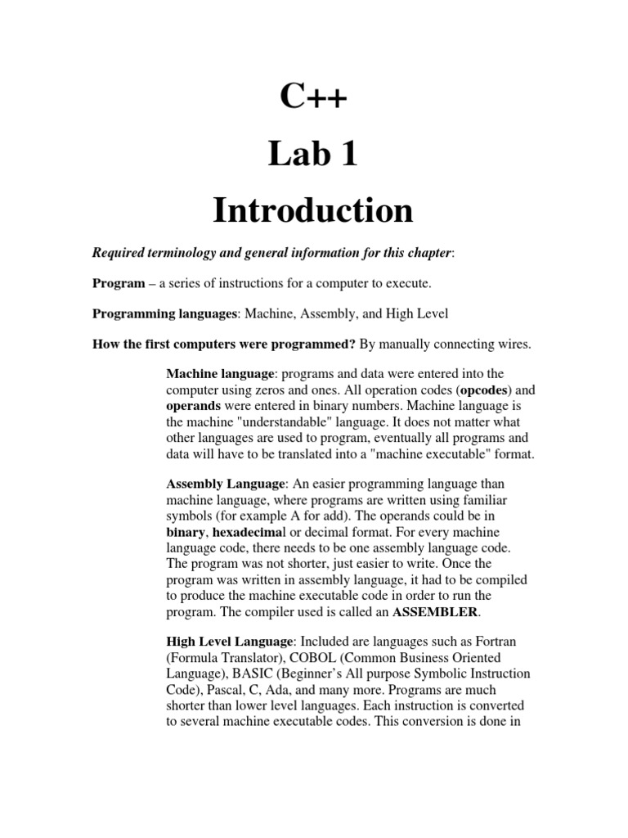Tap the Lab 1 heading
[x=313, y=154]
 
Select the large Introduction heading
[x=313, y=210]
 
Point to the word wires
[x=512, y=344]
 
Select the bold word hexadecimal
[x=245, y=531]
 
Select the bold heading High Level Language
[x=229, y=642]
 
